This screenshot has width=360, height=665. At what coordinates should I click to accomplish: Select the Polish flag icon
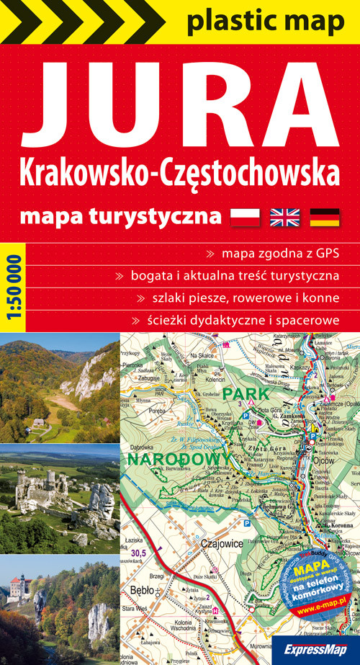coord(244,216)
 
